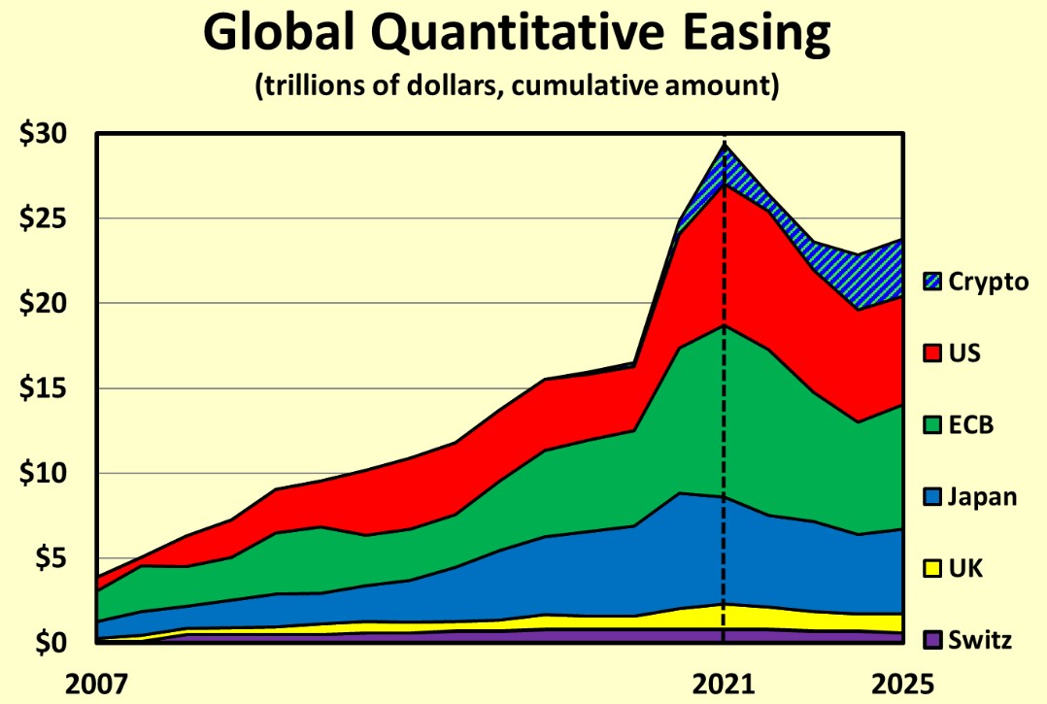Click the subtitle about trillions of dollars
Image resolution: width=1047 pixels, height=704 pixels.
(x=517, y=86)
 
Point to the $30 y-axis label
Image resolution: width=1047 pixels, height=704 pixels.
(x=45, y=134)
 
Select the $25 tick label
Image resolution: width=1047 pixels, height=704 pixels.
(x=45, y=218)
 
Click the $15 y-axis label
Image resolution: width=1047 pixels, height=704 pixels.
(x=45, y=388)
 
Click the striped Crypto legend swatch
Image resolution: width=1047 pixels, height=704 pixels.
(x=934, y=282)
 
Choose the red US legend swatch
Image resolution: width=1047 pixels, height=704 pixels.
(x=934, y=352)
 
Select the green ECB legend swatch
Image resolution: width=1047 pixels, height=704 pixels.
(x=934, y=424)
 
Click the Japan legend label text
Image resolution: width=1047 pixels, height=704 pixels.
(x=983, y=496)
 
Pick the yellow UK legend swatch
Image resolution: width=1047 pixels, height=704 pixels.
(x=934, y=568)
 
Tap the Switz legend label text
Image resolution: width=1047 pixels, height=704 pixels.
(x=981, y=640)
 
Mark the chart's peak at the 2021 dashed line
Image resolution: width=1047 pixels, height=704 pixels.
(x=724, y=144)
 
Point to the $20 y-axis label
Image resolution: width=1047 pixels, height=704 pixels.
(x=45, y=304)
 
